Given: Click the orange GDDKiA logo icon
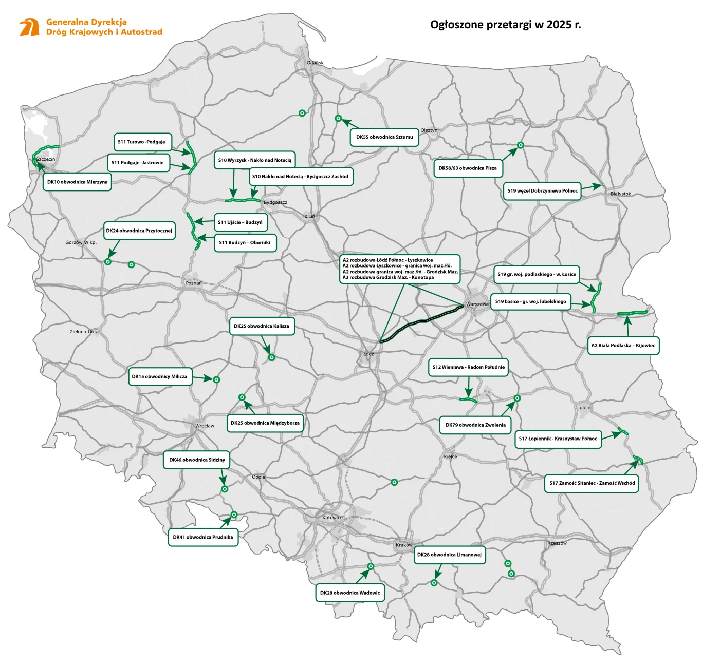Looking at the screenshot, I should pos(29,27).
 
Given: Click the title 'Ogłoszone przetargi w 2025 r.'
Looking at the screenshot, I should pos(505,25).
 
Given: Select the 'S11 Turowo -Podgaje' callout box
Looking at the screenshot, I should pos(142,142).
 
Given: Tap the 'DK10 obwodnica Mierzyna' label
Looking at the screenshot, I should pos(77,182).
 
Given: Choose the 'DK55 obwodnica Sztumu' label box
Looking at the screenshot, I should pos(384,137).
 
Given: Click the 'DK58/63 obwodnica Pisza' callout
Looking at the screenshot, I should pos(468,168).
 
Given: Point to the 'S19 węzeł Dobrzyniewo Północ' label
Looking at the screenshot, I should pos(542,191).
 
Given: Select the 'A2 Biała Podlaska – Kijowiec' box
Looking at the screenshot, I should pos(623,346).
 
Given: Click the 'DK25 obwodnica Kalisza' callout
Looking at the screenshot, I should pos(262,326).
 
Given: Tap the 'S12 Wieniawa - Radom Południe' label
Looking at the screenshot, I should pos(468,367).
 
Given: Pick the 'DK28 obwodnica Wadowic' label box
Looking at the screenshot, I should pos(350,593).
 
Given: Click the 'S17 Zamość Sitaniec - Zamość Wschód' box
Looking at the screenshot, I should pos(592,483).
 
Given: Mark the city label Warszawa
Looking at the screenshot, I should pos(477,304).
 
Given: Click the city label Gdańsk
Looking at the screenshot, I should pos(315,63).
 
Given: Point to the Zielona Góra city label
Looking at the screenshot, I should pos(84,332).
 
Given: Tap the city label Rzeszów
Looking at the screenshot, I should pos(557,543).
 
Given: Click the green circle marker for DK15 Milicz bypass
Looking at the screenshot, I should pos(216,380).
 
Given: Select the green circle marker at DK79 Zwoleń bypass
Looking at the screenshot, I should pos(517,398).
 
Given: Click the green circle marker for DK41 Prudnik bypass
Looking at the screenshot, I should pos(234,514).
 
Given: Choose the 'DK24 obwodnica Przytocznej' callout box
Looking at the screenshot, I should pos(139,231).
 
